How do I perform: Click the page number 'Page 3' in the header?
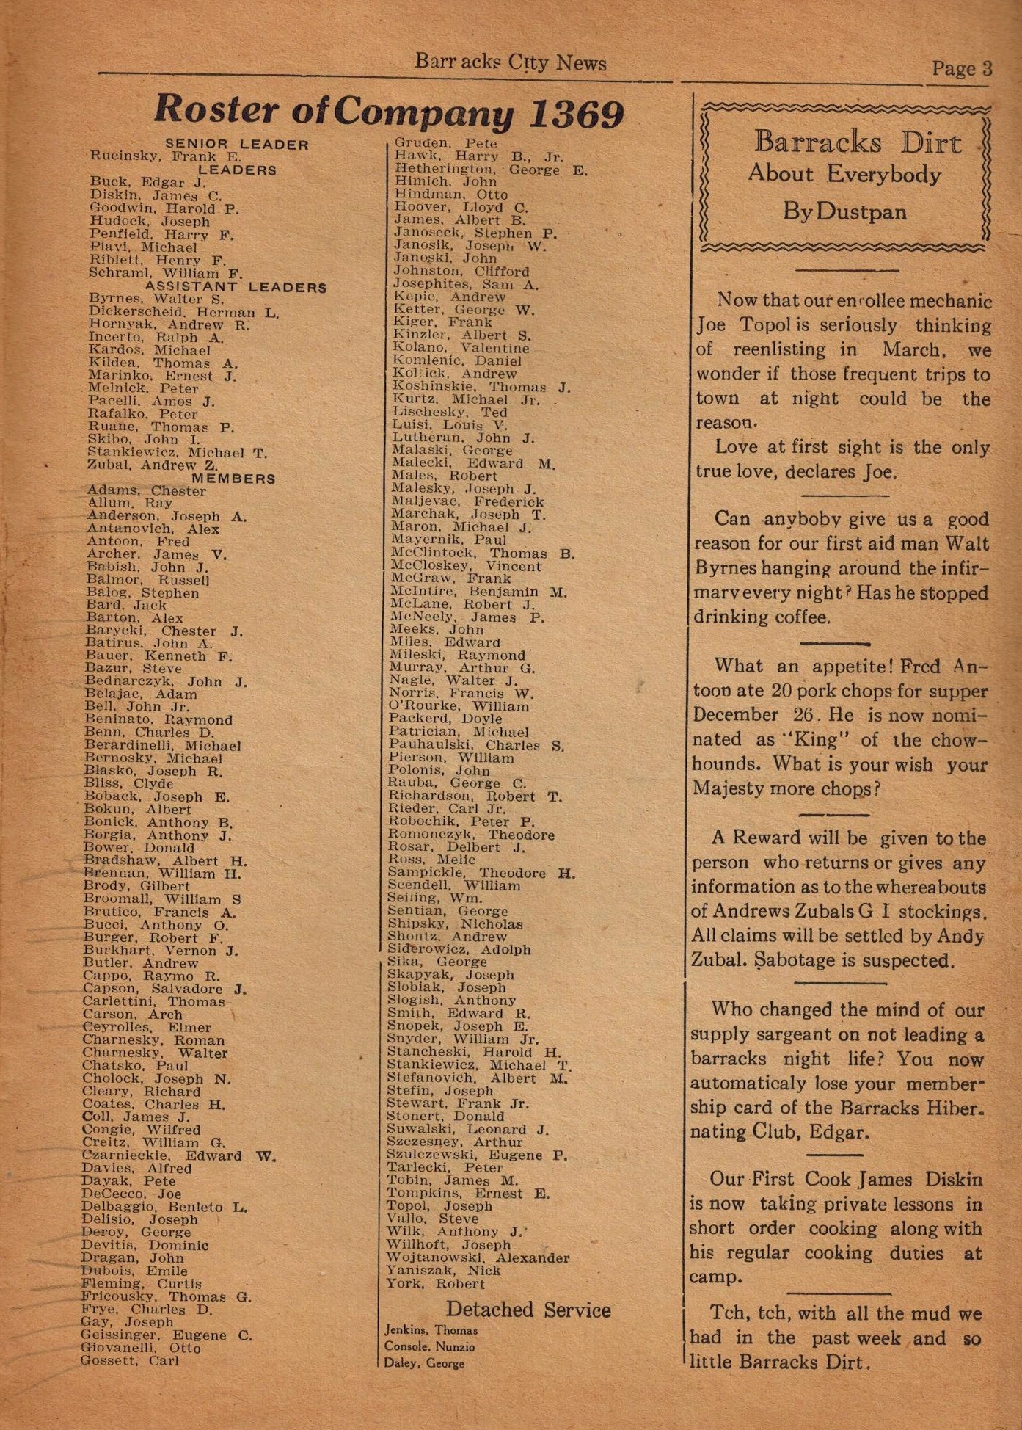[x=962, y=68]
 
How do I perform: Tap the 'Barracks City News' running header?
[x=511, y=62]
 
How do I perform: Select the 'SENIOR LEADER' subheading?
[x=237, y=145]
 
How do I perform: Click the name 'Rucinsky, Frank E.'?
[x=166, y=156]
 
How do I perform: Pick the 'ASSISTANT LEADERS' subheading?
[x=236, y=286]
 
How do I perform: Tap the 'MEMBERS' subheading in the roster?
[x=233, y=479]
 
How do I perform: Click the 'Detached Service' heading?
[x=528, y=1310]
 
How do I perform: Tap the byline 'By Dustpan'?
[x=844, y=212]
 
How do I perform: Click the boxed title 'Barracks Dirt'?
[x=857, y=142]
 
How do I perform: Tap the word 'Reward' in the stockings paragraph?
[x=768, y=838]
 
